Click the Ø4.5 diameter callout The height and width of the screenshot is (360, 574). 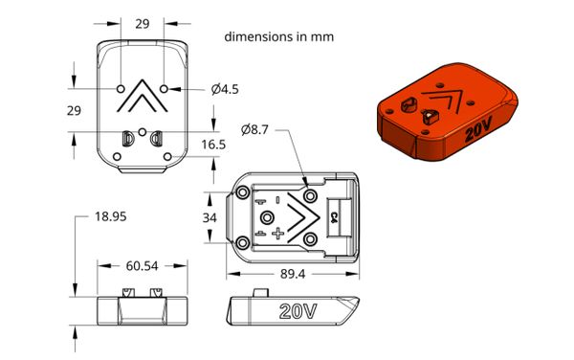(x=225, y=89)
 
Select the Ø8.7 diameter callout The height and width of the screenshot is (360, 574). (x=254, y=129)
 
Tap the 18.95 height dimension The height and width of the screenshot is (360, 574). (x=111, y=216)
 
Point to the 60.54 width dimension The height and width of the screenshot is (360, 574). (x=142, y=266)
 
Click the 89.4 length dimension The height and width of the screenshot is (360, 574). (x=293, y=274)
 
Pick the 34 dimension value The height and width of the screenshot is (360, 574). (x=210, y=218)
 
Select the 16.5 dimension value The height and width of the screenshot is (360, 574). (x=213, y=145)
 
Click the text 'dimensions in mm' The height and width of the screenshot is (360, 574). (x=279, y=37)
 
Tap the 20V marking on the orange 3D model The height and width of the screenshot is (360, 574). (x=478, y=129)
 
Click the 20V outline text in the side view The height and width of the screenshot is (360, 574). (x=298, y=311)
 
